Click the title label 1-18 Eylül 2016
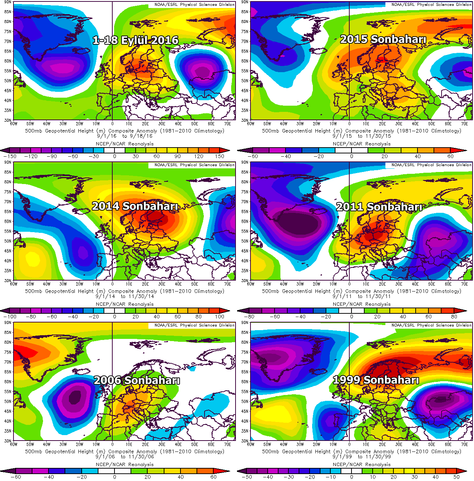tap(136, 40)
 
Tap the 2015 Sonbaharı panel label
tap(383, 39)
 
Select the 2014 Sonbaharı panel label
tap(135, 206)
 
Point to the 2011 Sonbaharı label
tap(379, 207)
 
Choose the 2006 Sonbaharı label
tap(137, 380)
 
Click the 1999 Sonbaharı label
tap(376, 380)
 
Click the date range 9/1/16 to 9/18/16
tap(124, 136)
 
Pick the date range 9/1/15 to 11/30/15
tap(361, 136)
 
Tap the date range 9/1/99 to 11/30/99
tap(361, 457)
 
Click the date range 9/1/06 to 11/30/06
tap(124, 457)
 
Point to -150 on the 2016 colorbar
tap(9, 156)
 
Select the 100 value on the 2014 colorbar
tap(219, 317)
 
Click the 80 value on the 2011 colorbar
tap(454, 317)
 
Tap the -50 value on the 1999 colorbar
tap(247, 477)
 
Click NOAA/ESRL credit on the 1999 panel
tap(431, 325)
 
